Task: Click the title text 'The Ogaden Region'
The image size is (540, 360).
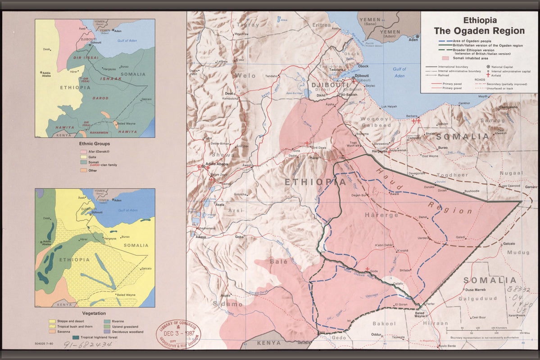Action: coord(479,31)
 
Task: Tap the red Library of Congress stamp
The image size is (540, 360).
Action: coord(178,334)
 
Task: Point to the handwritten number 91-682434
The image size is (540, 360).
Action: coord(87,345)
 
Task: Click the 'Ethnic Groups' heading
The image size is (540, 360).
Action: coord(95,144)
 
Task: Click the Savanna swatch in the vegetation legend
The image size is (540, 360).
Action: coord(52,332)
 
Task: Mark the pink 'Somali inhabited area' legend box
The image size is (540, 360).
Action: coord(445,58)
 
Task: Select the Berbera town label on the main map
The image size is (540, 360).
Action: coord(412,116)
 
